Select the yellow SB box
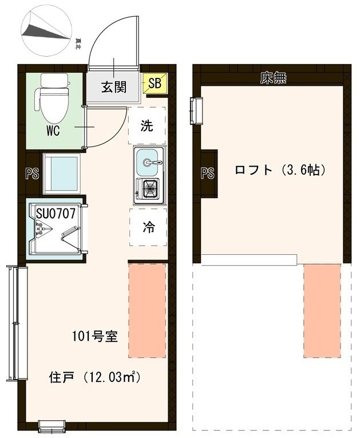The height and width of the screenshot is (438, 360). pos(155,84)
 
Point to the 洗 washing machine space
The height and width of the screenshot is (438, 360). pos(147,126)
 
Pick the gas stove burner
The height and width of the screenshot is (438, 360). pos(149,187)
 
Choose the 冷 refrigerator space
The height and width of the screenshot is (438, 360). pos(148,227)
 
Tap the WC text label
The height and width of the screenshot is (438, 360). pos(53,130)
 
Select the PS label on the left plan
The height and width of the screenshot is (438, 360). pos(32,173)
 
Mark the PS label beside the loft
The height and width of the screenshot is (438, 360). pos(207,173)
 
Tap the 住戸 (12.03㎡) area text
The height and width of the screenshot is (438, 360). pos(94,378)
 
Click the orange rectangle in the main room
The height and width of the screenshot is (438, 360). pos(147,310)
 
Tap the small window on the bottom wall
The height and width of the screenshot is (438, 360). pos(52,425)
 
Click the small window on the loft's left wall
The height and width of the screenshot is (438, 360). pos(196,110)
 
